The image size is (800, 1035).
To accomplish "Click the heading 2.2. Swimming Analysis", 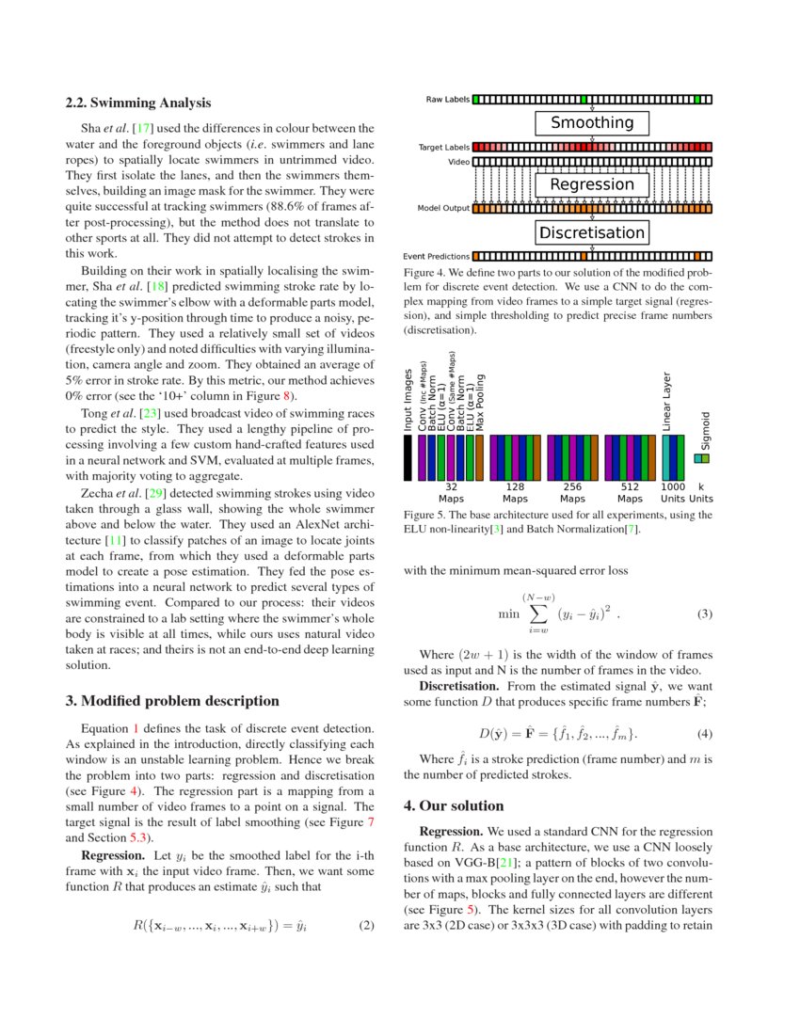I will coord(137,103).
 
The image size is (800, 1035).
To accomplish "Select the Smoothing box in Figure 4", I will coord(592,122).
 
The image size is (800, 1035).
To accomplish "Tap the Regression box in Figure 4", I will coord(592,184).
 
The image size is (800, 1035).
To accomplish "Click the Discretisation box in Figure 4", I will coord(592,232).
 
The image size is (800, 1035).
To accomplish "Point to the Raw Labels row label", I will coord(447,99).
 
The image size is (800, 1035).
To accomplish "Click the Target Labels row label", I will coord(444,148).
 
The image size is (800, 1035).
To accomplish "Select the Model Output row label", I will coord(443,208).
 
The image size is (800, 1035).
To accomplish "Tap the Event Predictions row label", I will coord(437,256).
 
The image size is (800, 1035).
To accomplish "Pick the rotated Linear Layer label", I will coord(666,401).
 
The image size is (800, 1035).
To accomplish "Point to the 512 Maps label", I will coord(630,492).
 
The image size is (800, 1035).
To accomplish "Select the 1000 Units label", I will coord(673,492).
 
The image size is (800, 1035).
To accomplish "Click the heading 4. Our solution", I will coord(454,805).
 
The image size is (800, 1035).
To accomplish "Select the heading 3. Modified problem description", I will coord(172,701).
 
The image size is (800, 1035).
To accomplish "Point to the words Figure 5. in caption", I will coord(427,515).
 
